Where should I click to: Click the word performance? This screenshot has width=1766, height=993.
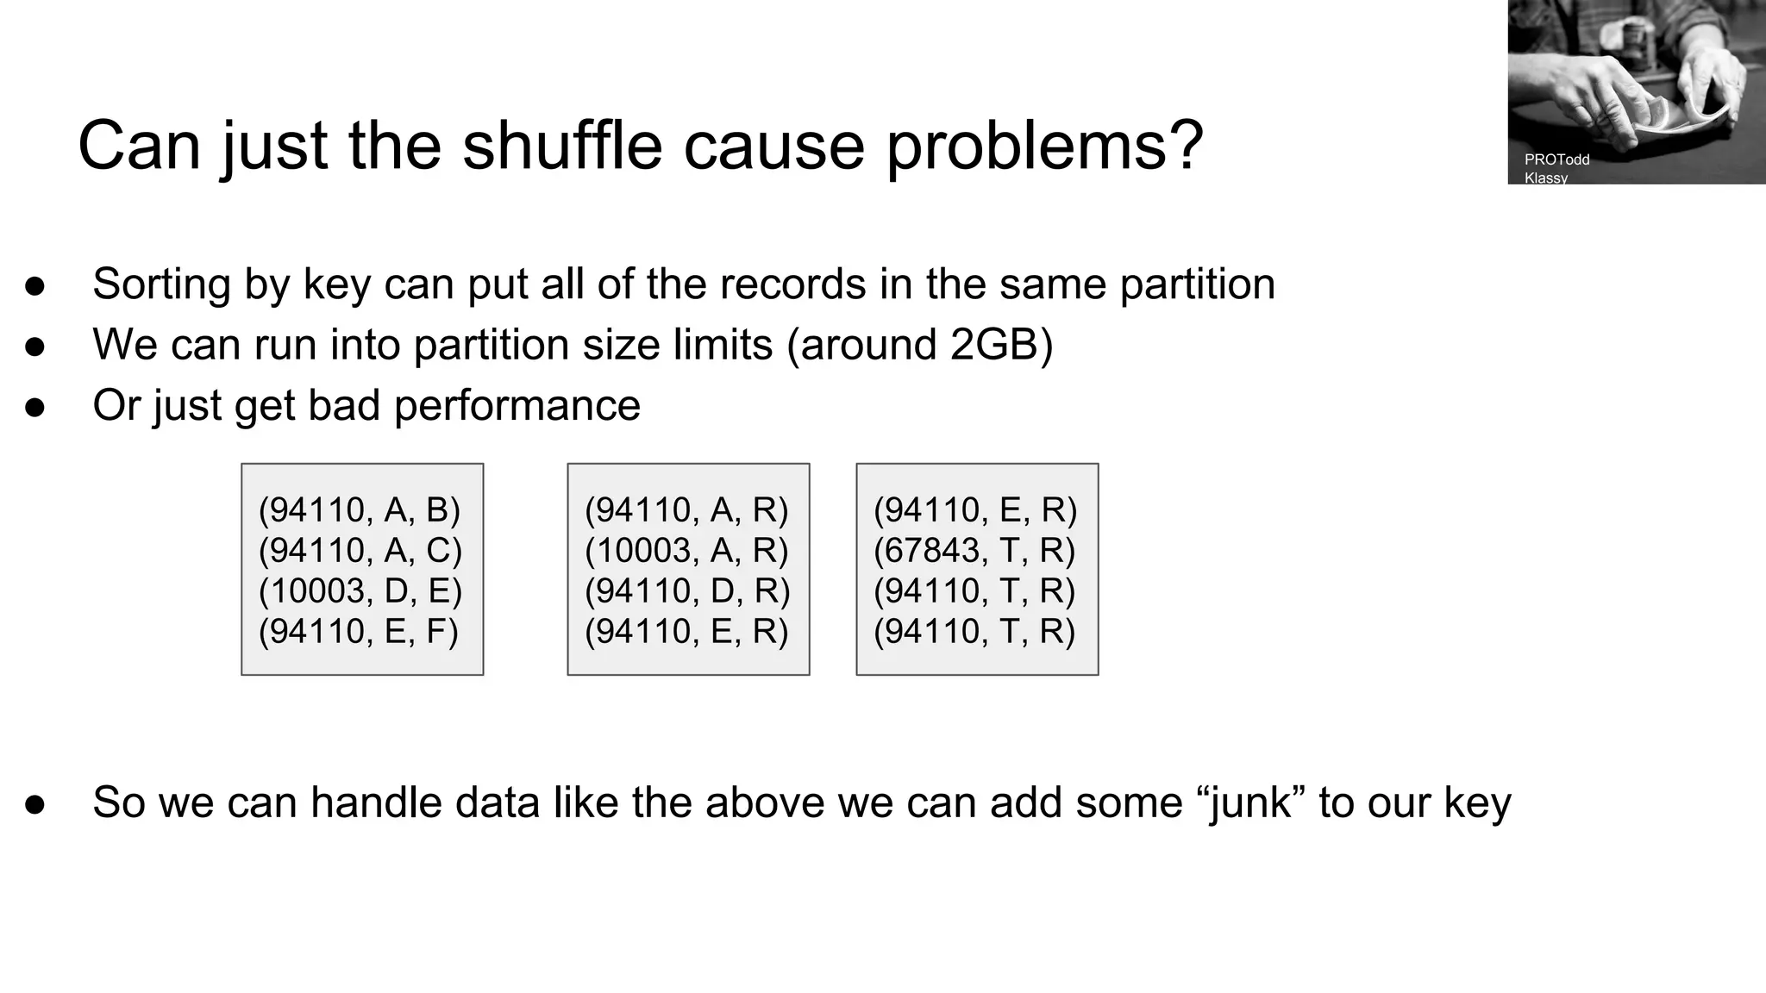click(x=517, y=405)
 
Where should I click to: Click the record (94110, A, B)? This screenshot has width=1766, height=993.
click(x=360, y=510)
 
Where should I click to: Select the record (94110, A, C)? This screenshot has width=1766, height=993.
click(x=360, y=551)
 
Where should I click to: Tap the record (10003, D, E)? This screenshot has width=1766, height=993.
click(x=360, y=591)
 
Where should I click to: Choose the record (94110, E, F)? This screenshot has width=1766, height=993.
click(x=359, y=632)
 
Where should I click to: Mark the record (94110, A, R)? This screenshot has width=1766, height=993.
click(x=686, y=510)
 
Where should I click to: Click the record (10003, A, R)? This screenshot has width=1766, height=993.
click(x=686, y=551)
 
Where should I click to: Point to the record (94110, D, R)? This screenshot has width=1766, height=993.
click(x=687, y=591)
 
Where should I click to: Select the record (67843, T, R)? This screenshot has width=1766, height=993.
click(x=974, y=551)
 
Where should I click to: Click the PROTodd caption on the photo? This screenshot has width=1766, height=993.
click(x=1556, y=159)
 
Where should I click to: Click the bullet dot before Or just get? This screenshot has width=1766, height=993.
click(x=35, y=407)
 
